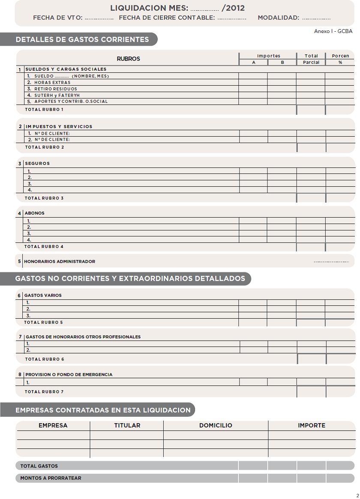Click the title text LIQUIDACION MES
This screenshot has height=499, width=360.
click(x=149, y=8)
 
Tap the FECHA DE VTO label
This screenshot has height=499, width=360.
click(x=57, y=18)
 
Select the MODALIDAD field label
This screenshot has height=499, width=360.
click(x=278, y=18)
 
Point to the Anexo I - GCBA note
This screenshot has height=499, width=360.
click(x=333, y=31)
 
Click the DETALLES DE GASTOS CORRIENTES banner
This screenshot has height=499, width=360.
click(x=82, y=39)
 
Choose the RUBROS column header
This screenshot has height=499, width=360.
click(x=128, y=59)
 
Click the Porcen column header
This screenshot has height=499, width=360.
click(x=340, y=56)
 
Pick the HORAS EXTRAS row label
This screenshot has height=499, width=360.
click(x=52, y=83)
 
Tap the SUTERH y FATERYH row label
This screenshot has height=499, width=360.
click(x=57, y=96)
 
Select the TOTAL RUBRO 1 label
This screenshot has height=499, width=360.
click(x=44, y=110)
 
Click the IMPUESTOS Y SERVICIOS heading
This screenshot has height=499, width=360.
click(x=59, y=127)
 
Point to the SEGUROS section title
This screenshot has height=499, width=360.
click(x=37, y=164)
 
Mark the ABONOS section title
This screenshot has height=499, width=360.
click(x=34, y=213)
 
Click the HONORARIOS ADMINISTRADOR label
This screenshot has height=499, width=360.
click(x=60, y=262)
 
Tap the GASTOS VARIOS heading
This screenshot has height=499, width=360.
click(x=43, y=296)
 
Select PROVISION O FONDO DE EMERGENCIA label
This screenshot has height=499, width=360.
click(x=69, y=375)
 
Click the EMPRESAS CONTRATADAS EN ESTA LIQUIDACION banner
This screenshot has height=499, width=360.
click(x=103, y=410)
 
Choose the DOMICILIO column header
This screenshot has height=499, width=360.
click(x=216, y=426)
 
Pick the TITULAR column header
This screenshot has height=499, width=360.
click(x=127, y=426)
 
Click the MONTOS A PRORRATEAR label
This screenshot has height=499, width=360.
click(x=51, y=478)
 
